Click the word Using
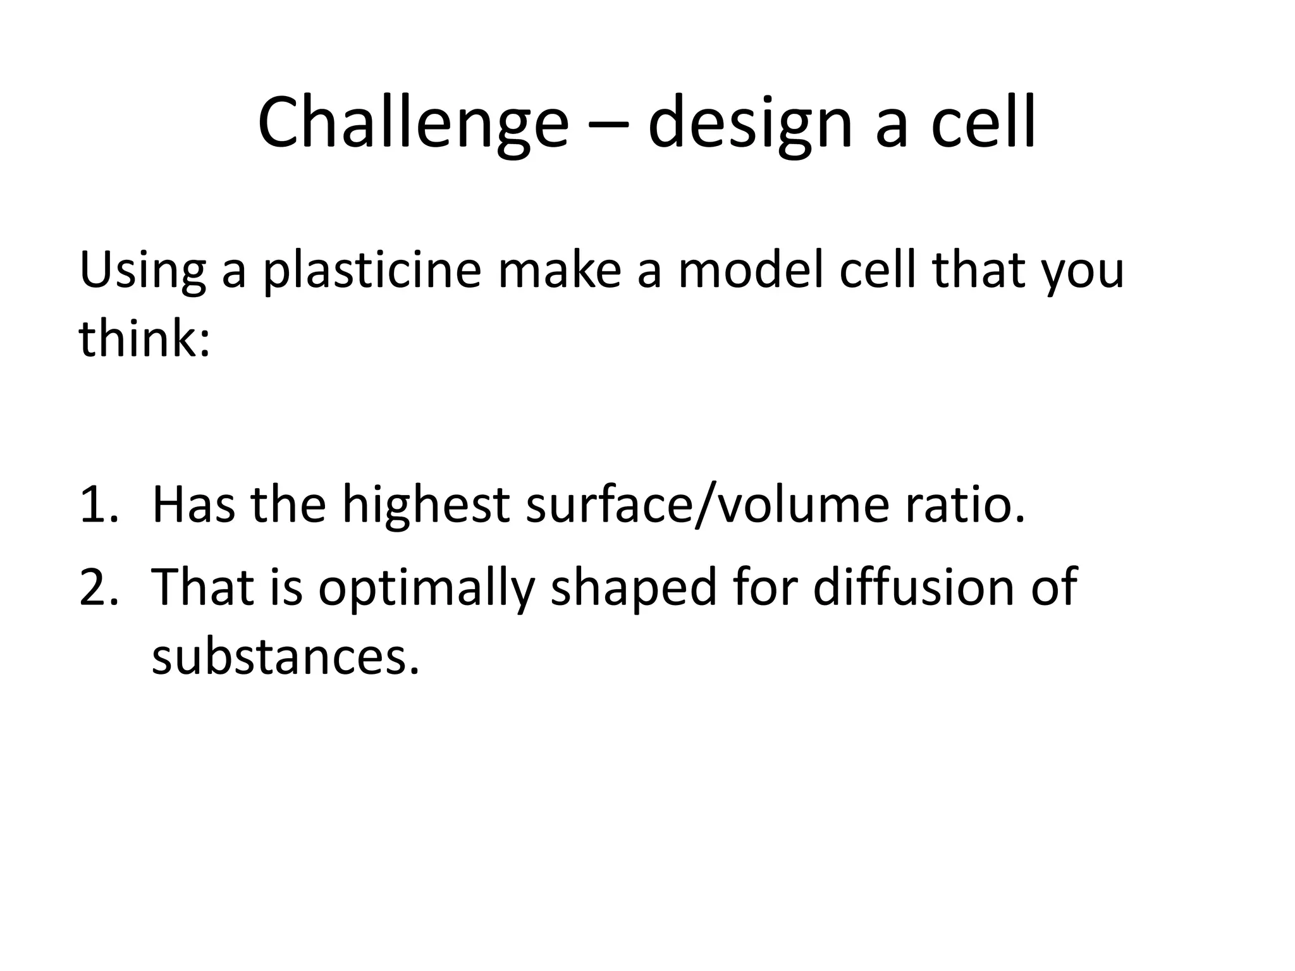pos(142,270)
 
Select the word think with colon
pos(144,338)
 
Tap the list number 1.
pos(98,505)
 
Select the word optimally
pos(427,587)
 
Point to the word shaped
pos(634,587)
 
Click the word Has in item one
pos(193,505)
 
